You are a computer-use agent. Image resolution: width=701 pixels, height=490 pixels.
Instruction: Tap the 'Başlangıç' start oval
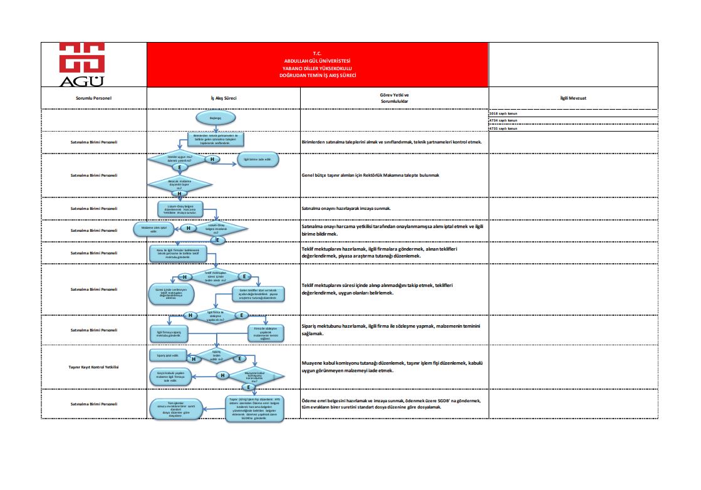point(215,117)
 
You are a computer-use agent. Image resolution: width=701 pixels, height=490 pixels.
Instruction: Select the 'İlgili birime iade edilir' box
point(257,159)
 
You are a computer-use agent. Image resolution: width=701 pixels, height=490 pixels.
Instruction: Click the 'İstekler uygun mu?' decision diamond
point(179,159)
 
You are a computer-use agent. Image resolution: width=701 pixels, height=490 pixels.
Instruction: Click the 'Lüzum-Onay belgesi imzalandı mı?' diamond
point(216,229)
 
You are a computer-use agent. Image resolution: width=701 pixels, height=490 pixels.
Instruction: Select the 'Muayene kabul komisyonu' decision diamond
point(254,376)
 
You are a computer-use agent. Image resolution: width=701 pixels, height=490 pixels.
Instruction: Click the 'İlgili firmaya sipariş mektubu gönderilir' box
point(169,334)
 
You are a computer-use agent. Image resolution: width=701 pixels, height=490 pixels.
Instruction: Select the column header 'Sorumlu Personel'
point(93,98)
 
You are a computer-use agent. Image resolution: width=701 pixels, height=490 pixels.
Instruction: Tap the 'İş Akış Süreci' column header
point(223,98)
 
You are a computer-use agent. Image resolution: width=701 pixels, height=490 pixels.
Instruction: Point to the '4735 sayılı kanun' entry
point(503,127)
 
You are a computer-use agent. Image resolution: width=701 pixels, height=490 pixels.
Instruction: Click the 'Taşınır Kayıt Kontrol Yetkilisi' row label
point(94,367)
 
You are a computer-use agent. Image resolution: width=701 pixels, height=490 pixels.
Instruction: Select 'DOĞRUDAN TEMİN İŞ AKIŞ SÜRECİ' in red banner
point(318,75)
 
